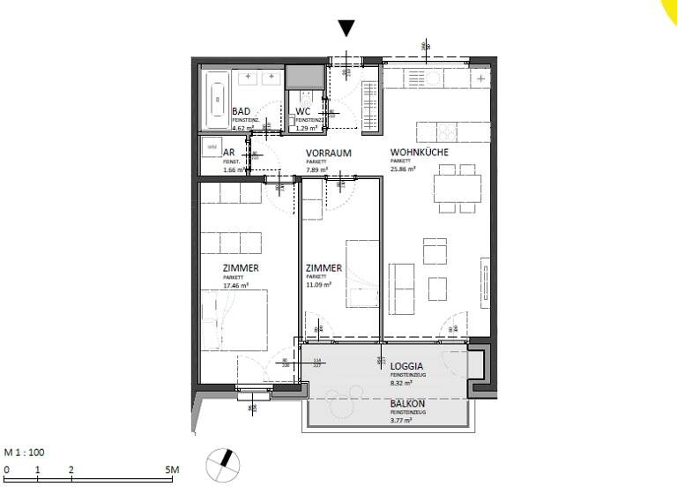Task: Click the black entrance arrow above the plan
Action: [347, 28]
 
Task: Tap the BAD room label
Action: [241, 112]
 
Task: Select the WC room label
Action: [303, 112]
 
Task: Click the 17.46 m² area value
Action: [237, 286]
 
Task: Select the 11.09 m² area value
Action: [318, 285]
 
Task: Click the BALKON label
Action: [410, 403]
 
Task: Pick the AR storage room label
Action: [205, 153]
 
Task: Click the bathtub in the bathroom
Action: [217, 100]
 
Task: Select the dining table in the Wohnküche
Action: [458, 188]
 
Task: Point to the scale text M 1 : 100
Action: [25, 453]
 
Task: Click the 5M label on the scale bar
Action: [172, 470]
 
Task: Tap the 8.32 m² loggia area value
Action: [403, 384]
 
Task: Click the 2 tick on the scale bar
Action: [71, 470]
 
